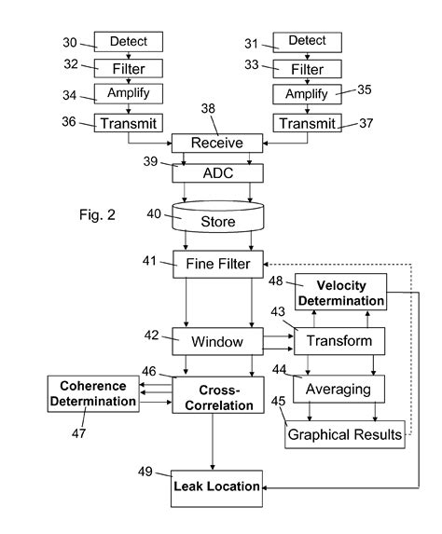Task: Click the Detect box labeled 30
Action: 128,41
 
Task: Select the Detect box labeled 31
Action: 307,41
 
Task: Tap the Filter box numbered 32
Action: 128,68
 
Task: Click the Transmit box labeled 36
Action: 128,122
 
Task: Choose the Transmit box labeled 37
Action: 307,122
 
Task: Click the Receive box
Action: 218,143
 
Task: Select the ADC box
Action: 218,172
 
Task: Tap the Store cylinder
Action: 218,221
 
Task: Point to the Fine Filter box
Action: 218,264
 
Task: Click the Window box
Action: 218,341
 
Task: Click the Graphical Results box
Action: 345,434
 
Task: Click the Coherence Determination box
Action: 92,393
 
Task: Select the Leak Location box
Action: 218,486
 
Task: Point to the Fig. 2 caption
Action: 97,215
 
